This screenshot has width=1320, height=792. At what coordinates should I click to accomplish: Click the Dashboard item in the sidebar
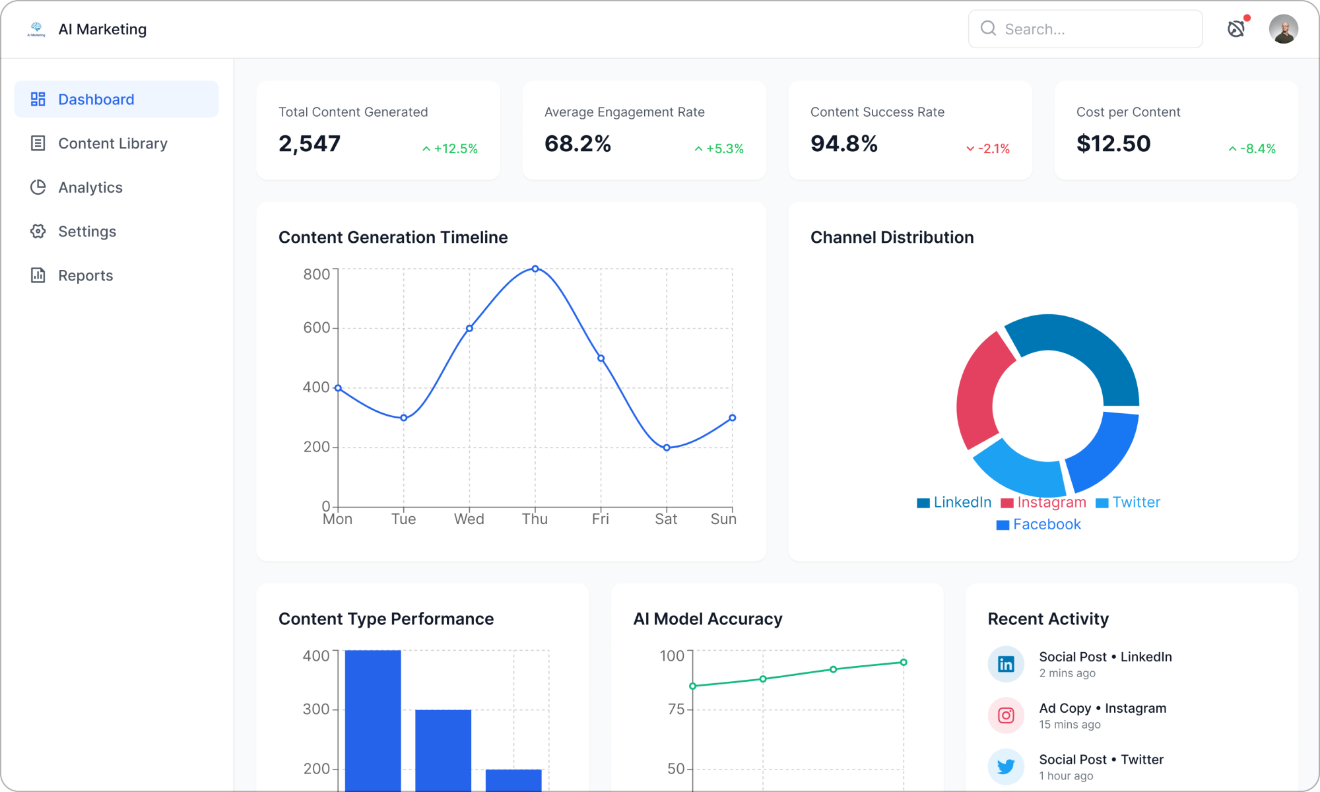coord(96,100)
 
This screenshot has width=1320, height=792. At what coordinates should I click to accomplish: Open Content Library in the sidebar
coord(112,143)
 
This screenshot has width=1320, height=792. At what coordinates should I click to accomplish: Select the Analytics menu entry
coord(90,187)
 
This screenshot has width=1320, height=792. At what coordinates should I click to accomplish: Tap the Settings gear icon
coord(38,232)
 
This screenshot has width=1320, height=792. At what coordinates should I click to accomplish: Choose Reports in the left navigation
coord(85,275)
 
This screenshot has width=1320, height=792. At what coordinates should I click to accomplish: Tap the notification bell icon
coord(1236,28)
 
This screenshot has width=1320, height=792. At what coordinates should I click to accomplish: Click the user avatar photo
coord(1283,29)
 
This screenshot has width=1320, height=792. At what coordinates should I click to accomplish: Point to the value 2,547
coord(310,143)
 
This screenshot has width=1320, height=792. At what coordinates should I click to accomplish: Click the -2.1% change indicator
coord(988,148)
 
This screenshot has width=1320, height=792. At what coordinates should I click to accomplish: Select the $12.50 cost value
coord(1113,143)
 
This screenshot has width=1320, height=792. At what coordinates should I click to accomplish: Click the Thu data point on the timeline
coord(535,269)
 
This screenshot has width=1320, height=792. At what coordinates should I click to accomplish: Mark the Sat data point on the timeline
coord(667,447)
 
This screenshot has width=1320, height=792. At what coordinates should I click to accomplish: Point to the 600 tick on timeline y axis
coord(316,328)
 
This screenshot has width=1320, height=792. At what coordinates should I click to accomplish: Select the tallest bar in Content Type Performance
coord(373,719)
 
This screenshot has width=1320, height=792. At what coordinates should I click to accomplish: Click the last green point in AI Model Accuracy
coord(904,662)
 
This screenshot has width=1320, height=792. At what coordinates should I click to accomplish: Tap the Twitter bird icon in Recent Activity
coord(1006,766)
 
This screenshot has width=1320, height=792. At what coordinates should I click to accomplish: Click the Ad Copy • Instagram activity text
coord(1102,708)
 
